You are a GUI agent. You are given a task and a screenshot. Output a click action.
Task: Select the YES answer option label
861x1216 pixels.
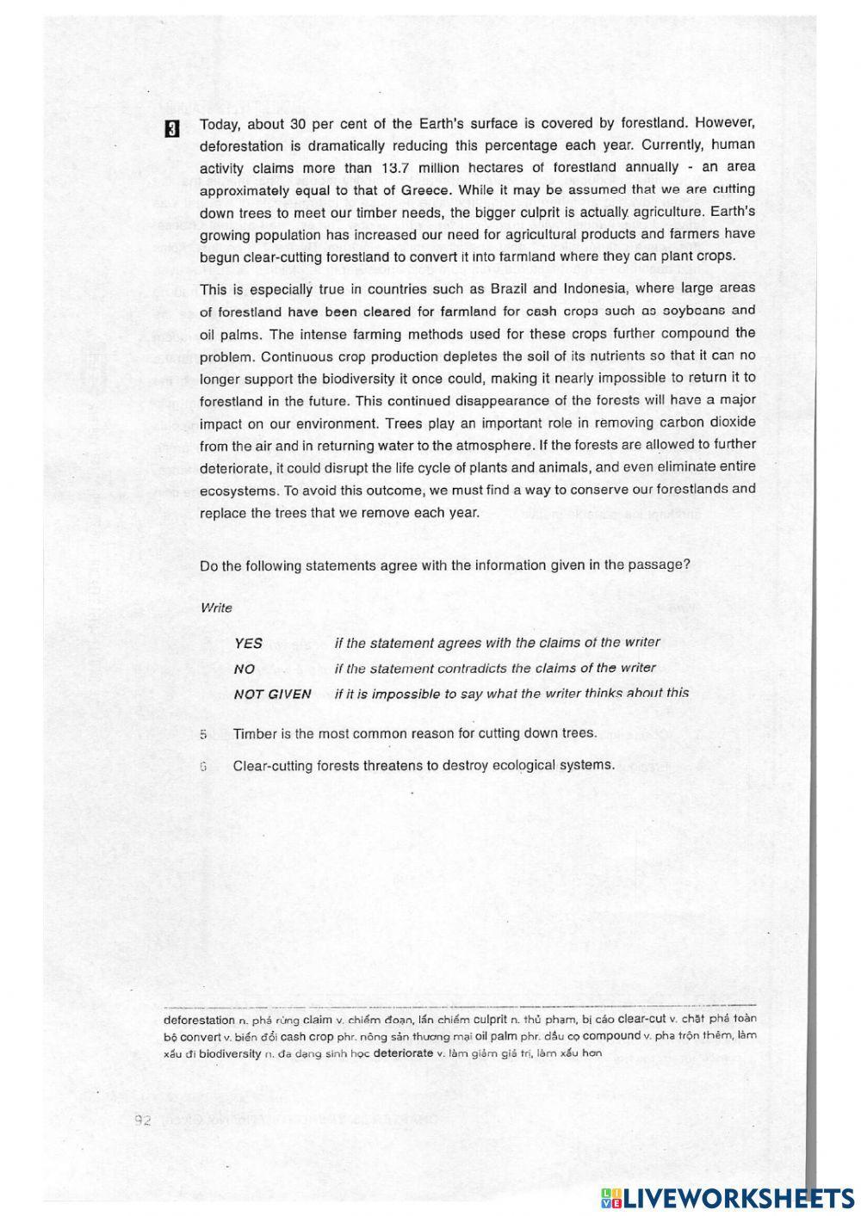pos(248,643)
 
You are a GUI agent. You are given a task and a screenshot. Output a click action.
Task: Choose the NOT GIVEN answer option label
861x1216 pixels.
pos(272,694)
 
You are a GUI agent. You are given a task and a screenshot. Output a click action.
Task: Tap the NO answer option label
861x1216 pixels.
pos(244,669)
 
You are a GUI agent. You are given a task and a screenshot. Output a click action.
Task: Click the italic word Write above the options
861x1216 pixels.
pos(216,608)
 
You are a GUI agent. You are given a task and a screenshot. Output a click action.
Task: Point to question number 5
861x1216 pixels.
pos(203,734)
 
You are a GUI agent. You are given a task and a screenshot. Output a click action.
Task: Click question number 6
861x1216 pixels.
pos(203,765)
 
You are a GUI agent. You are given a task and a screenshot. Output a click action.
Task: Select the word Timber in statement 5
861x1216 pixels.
pos(254,733)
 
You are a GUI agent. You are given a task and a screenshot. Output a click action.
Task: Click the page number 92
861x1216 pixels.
pos(143,1120)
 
